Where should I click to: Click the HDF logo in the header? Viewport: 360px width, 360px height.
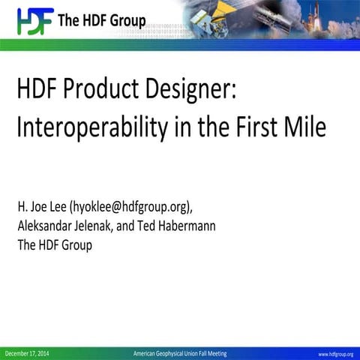[32, 20]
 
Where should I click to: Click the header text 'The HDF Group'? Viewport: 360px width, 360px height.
[101, 20]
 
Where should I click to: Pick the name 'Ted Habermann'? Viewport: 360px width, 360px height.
[178, 226]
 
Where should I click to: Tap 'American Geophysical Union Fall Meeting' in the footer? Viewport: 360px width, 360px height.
[179, 353]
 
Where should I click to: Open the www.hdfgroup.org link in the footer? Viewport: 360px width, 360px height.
[335, 354]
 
